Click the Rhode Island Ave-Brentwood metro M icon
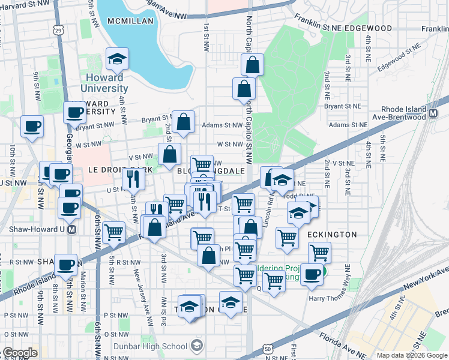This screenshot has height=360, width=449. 433,112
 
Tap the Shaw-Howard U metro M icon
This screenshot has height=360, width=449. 73,229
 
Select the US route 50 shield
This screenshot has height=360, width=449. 268,349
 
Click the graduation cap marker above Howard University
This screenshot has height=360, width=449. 116,58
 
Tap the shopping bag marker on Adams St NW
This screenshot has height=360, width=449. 184,121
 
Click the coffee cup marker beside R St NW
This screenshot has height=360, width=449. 65,264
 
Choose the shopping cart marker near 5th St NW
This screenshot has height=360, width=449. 113,232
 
